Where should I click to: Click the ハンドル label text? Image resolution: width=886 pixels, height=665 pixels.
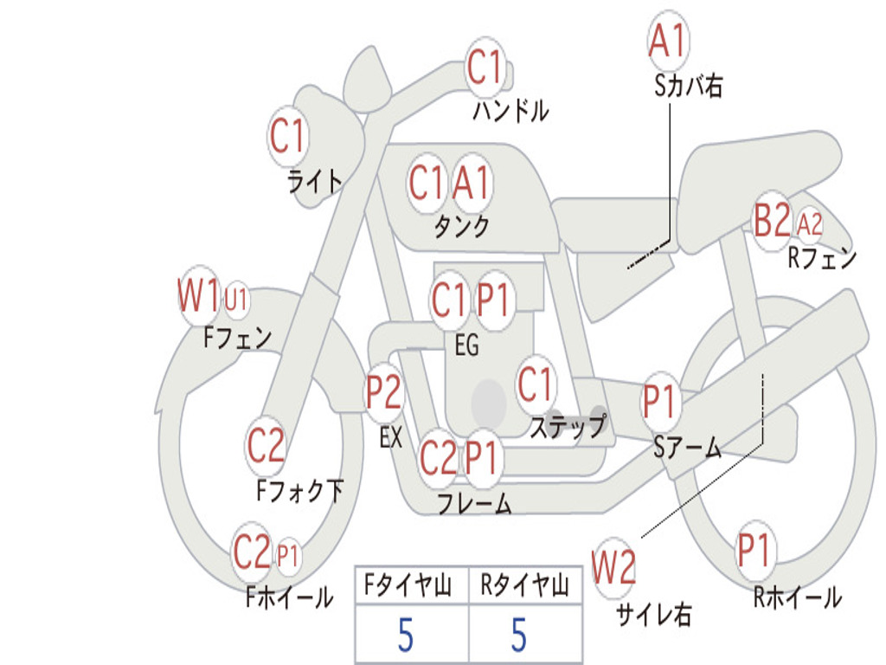[510, 110]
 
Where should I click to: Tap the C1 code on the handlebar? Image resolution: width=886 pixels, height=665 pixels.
[484, 67]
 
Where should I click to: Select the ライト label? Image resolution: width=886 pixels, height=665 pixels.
[315, 182]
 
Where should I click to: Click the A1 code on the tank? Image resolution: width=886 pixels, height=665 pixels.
[471, 183]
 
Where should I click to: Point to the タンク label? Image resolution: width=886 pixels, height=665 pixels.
[461, 226]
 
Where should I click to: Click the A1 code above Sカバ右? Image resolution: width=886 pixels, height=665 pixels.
[668, 40]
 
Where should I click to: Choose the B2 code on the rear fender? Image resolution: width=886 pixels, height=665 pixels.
[773, 219]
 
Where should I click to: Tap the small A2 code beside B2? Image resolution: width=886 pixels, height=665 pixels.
[809, 224]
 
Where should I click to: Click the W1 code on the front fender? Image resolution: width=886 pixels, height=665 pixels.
[198, 294]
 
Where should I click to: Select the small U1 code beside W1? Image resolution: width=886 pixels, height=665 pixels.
[235, 299]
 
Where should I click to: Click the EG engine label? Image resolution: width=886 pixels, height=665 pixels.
[466, 345]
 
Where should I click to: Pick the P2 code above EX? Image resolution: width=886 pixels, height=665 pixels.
[383, 392]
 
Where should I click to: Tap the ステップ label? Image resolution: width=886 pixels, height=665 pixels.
[568, 426]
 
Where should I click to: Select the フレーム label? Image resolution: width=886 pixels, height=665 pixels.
[475, 503]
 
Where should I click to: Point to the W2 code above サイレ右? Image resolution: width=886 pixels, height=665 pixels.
[613, 567]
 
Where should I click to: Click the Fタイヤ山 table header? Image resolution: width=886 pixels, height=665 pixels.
[408, 584]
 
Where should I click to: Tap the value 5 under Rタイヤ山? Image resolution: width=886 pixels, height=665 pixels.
[519, 635]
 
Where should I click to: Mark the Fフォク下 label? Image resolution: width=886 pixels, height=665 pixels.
[300, 490]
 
